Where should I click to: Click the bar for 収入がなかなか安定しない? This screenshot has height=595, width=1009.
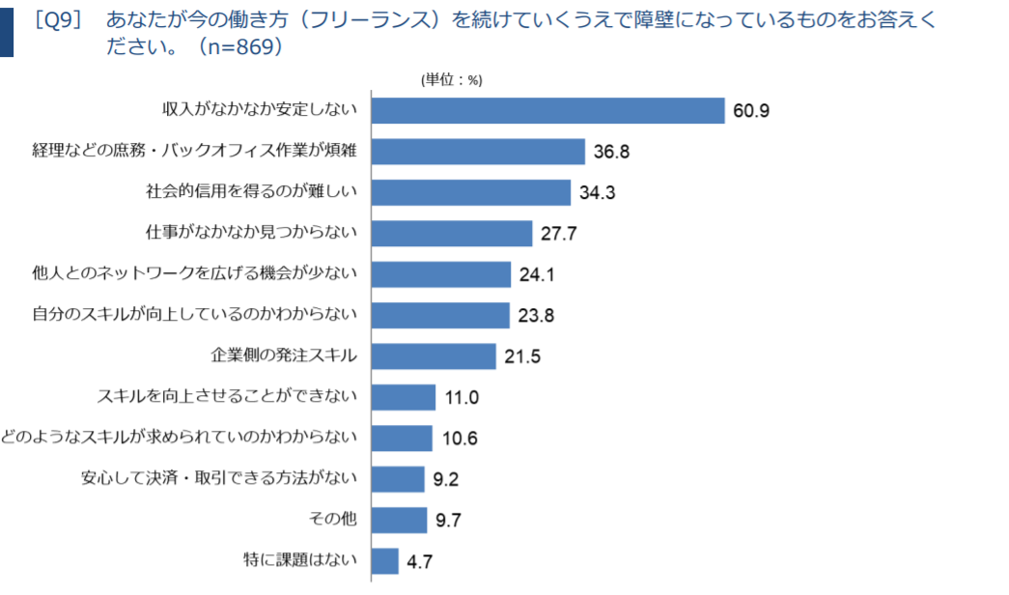click(x=548, y=111)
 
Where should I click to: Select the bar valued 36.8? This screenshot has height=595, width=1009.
click(x=478, y=152)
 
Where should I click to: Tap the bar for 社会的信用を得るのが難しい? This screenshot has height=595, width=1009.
click(x=471, y=192)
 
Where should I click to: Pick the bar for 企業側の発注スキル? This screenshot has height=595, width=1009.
click(x=434, y=356)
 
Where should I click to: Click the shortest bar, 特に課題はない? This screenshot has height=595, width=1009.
click(x=385, y=561)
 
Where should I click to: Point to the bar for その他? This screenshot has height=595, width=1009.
click(x=399, y=521)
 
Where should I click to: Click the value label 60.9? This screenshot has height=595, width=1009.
click(x=751, y=111)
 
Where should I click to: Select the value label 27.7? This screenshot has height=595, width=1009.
click(x=558, y=233)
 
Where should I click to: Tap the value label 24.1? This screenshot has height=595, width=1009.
click(x=537, y=274)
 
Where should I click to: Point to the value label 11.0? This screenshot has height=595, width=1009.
click(x=462, y=397)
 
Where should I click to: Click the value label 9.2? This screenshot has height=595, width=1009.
click(x=445, y=479)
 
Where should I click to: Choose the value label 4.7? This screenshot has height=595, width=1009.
click(x=420, y=561)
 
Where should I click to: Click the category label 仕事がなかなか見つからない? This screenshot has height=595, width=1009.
click(x=251, y=233)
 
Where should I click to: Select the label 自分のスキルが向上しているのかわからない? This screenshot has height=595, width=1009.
click(x=194, y=314)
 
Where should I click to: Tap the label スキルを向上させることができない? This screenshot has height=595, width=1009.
click(x=227, y=396)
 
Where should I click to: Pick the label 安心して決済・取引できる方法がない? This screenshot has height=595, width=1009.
click(x=219, y=478)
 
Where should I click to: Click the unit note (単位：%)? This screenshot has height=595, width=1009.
click(x=452, y=80)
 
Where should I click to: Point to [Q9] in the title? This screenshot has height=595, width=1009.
click(x=59, y=20)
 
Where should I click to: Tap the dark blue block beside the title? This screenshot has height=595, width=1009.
click(x=7, y=32)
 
